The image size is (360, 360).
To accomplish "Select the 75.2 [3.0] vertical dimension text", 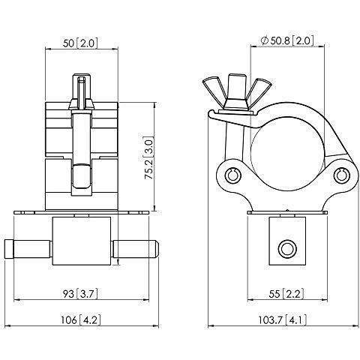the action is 149,158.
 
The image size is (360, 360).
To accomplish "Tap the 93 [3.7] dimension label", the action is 80,293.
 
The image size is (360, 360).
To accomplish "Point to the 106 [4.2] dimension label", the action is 81,320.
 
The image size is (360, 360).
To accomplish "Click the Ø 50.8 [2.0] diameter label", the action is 286,40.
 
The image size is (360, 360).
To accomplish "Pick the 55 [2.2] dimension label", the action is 286,294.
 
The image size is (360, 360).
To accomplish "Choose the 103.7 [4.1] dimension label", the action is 283,320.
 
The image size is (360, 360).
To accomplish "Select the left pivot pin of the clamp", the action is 232,175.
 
